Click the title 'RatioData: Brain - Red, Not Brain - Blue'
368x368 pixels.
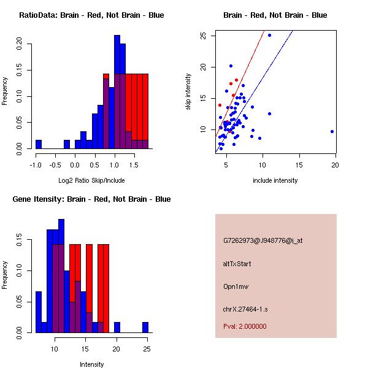click(x=91, y=15)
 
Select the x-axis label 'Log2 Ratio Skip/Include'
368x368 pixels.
click(x=91, y=180)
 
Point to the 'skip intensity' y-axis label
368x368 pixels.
click(x=189, y=92)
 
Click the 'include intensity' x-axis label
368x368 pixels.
click(x=275, y=180)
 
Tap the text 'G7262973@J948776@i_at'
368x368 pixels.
click(x=263, y=240)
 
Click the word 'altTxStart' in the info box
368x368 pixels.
click(x=237, y=264)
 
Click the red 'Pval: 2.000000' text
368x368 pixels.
click(x=245, y=326)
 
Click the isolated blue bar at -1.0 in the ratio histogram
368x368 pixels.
click(x=39, y=144)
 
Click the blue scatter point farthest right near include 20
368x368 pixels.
click(x=332, y=131)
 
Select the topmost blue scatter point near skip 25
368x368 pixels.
click(x=269, y=35)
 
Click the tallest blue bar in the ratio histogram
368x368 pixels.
click(x=117, y=92)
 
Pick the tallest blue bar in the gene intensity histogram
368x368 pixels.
click(x=61, y=276)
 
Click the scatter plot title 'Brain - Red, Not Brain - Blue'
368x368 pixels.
click(x=275, y=15)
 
